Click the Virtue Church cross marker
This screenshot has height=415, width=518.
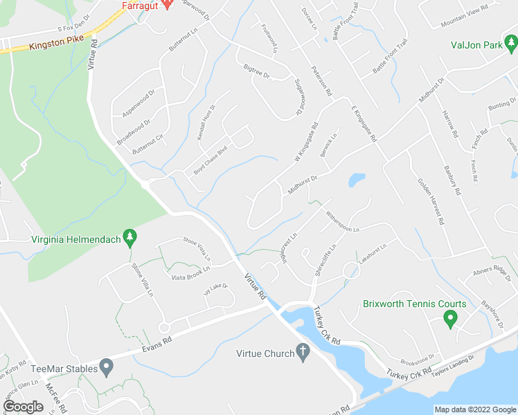click(x=303, y=352)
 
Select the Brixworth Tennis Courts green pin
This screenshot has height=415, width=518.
click(x=449, y=320)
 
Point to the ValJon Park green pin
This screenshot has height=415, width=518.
click(x=510, y=44)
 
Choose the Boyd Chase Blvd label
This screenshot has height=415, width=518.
click(x=211, y=160)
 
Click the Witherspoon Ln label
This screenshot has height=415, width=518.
click(x=341, y=220)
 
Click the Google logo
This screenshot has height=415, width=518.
click(x=23, y=407)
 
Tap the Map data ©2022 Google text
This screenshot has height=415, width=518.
click(x=474, y=409)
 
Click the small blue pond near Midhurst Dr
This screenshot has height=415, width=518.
click(x=357, y=181)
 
